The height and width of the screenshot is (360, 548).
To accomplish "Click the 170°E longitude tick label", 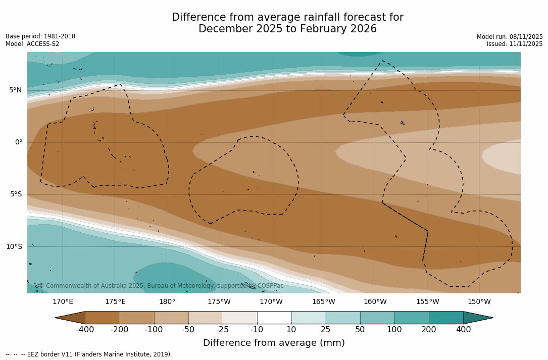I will [x=63, y=302].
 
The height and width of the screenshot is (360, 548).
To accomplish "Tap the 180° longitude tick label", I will [x=167, y=302].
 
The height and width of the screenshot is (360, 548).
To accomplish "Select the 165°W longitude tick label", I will [x=323, y=302].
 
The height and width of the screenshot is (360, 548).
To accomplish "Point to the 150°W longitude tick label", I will [x=479, y=302].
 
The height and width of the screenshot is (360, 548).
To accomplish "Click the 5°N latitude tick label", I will [x=15, y=90].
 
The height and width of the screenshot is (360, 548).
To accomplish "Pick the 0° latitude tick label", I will [x=18, y=142].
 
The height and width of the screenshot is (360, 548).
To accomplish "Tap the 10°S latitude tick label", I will [x=14, y=246].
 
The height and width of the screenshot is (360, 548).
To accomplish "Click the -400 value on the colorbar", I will [x=85, y=330].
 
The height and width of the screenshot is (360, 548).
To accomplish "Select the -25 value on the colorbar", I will [x=223, y=330].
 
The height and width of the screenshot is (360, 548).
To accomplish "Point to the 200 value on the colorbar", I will [x=429, y=330].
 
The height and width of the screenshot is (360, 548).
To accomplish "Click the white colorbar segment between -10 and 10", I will [x=274, y=318].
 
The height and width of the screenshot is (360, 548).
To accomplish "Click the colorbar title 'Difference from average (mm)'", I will [x=274, y=343].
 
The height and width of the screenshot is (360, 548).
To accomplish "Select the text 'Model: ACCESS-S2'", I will [x=32, y=44].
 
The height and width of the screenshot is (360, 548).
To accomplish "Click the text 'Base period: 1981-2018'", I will [x=40, y=36].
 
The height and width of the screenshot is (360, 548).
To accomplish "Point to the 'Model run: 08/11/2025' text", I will [x=510, y=37].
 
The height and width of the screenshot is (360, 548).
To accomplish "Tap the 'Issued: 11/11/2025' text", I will [x=515, y=44].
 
